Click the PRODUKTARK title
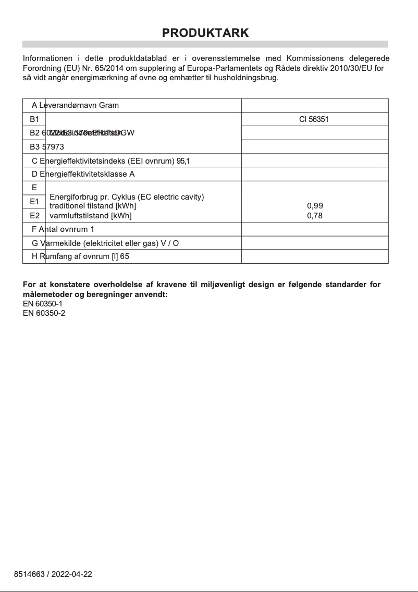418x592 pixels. (x=205, y=33)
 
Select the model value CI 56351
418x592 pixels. (x=314, y=119)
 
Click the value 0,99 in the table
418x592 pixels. (x=315, y=206)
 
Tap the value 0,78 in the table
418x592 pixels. (x=315, y=216)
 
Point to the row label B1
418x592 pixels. (x=34, y=119)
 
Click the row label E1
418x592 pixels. (x=34, y=201)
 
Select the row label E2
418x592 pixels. (x=34, y=215)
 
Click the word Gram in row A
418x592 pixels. (x=109, y=105)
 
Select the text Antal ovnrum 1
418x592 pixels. (x=66, y=229)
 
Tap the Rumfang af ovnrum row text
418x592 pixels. (x=80, y=257)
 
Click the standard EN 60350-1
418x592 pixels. (x=44, y=304)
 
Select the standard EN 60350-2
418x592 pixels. (x=44, y=313)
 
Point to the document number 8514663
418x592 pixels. (x=29, y=574)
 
